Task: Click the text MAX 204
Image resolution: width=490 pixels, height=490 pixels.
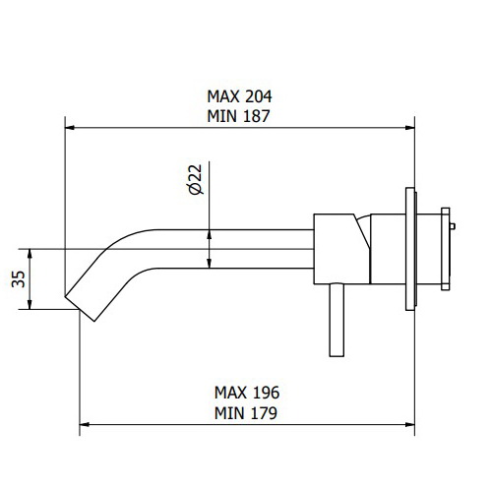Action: (x=238, y=96)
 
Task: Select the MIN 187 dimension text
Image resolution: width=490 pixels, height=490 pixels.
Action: (x=238, y=114)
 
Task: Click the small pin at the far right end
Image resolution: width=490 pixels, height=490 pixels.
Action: (x=454, y=228)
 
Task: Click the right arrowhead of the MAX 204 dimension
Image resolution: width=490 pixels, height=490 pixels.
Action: (x=407, y=127)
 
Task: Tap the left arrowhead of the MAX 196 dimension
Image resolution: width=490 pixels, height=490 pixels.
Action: (x=85, y=424)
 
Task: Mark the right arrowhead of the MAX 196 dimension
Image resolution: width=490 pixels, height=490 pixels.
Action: (x=407, y=424)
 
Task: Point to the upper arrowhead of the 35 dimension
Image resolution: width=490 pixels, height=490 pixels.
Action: (x=32, y=253)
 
